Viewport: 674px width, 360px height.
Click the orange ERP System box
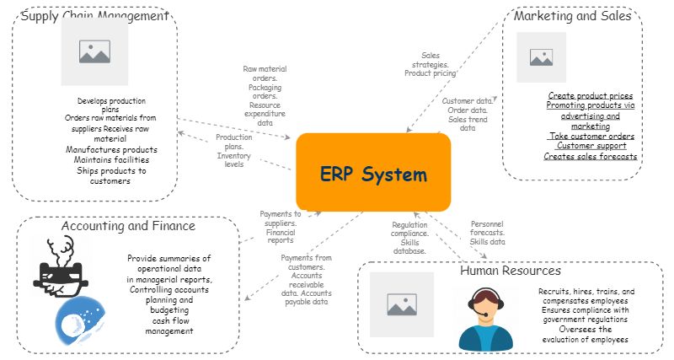[x=373, y=173]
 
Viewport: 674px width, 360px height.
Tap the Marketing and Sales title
[x=572, y=16]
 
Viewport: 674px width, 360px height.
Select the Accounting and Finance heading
[x=128, y=226]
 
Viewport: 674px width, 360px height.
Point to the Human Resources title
[x=510, y=271]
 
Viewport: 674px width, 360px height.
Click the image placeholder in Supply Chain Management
[x=94, y=51]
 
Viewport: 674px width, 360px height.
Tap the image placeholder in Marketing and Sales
[x=541, y=57]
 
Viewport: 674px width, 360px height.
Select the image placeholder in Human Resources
[x=402, y=304]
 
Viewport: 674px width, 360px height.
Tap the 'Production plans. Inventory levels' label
[x=233, y=151]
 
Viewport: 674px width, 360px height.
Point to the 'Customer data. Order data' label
[x=468, y=115]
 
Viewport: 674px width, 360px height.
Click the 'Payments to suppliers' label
[x=280, y=227]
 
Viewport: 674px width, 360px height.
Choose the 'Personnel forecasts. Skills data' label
[x=487, y=233]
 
